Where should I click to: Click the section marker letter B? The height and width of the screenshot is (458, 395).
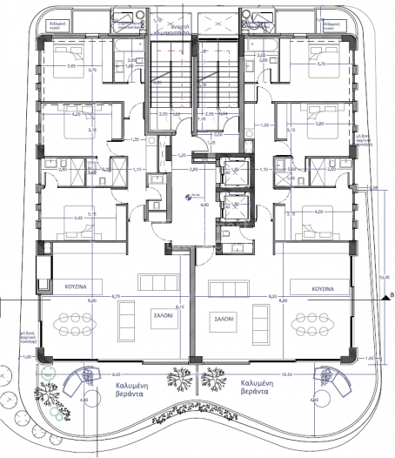tap(391, 296)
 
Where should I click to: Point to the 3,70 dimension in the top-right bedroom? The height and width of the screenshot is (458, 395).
tap(322, 65)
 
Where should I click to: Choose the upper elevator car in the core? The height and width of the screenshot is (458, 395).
tap(232, 171)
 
